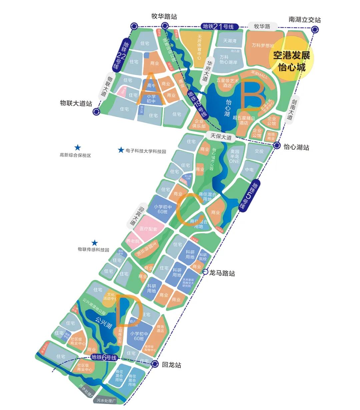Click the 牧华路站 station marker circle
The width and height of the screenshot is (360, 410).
tap(164, 26)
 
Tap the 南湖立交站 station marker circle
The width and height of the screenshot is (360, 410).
tap(314, 30)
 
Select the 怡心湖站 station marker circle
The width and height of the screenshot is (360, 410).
tap(277, 146)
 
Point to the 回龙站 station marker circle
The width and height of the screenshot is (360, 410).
tap(155, 364)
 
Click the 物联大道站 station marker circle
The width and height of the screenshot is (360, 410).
tap(97, 112)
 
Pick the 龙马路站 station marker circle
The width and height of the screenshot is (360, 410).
tap(205, 272)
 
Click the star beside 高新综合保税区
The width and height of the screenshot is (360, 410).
tap(77, 147)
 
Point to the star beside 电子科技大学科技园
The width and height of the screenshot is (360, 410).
tap(121, 150)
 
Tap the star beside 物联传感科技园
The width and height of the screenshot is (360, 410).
tap(95, 243)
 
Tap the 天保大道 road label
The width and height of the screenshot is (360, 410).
tap(221, 136)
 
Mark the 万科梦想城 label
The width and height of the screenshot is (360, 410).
tap(263, 45)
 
